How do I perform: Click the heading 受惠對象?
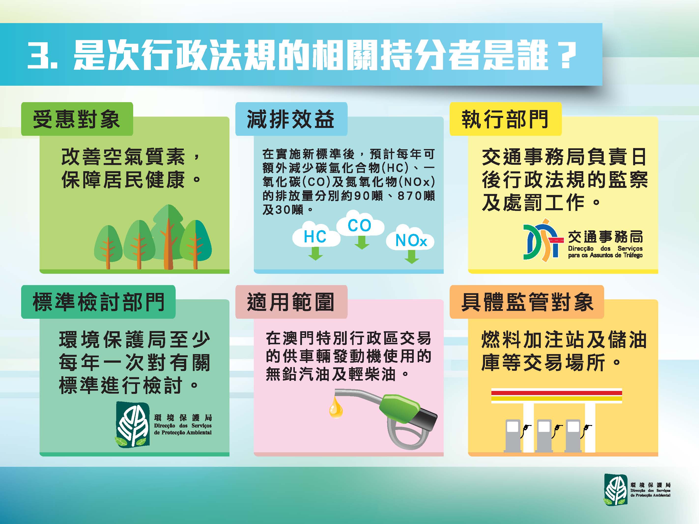(x=76, y=119)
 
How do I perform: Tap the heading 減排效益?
(x=290, y=119)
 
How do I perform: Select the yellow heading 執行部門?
(x=505, y=119)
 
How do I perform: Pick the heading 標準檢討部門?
(x=98, y=302)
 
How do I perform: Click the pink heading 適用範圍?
(x=290, y=302)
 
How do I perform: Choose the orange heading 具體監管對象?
(x=527, y=302)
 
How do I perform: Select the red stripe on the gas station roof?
(x=556, y=393)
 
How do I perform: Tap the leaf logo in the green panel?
(x=132, y=424)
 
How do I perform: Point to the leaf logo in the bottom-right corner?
(x=615, y=494)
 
